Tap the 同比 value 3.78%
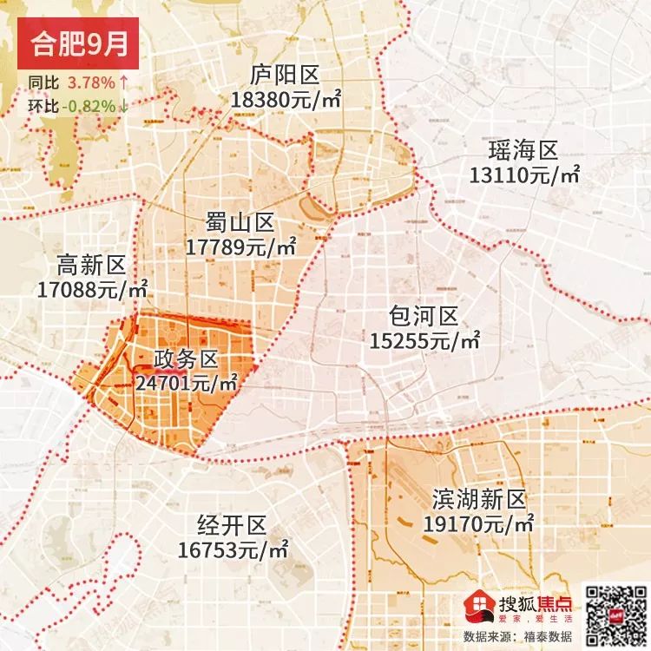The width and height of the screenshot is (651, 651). (x=92, y=83)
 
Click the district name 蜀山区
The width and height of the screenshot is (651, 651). (x=240, y=220)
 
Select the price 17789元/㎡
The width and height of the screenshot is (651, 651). (x=241, y=247)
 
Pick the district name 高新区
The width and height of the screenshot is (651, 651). (x=91, y=263)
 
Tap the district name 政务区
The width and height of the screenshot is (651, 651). (x=187, y=358)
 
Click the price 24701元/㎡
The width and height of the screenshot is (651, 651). (x=187, y=381)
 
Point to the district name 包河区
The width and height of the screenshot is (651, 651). (x=424, y=315)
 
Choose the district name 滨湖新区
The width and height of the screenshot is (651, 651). (x=478, y=498)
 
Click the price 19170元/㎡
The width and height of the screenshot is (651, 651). (x=479, y=524)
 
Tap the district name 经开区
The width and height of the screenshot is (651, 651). (x=232, y=524)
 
